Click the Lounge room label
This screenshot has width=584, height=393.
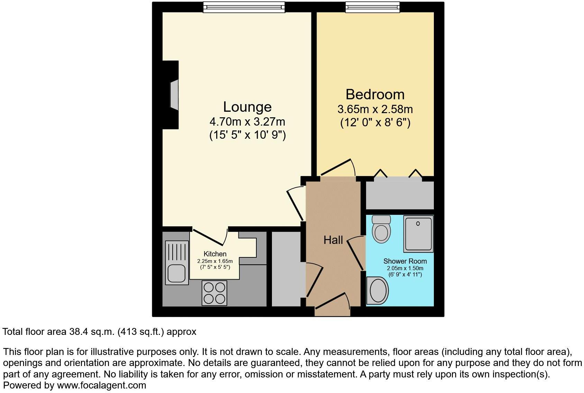point(247,107)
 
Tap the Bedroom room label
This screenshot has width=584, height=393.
point(375,94)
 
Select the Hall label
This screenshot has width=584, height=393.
point(333,240)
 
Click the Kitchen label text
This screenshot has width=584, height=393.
point(215,254)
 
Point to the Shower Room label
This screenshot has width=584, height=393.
point(405,261)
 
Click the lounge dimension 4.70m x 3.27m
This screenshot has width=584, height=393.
point(247,122)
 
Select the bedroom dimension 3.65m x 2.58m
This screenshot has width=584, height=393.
point(375,109)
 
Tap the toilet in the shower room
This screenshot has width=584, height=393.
point(381,229)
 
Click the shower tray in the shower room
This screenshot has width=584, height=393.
point(418,234)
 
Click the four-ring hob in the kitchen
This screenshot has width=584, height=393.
point(215,293)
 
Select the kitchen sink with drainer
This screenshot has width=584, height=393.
point(177,263)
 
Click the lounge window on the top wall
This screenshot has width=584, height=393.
point(244,7)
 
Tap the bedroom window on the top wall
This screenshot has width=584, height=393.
point(372,7)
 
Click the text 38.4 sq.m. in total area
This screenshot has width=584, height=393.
point(91,332)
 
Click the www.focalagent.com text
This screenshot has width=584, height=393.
point(101,385)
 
